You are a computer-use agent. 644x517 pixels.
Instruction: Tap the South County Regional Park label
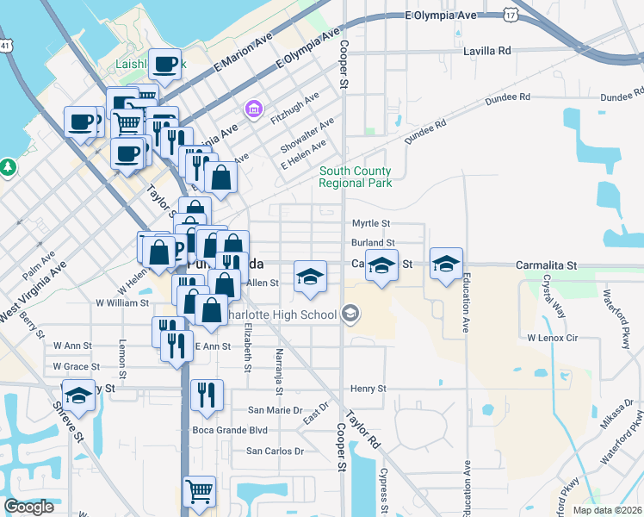click(x=355, y=177)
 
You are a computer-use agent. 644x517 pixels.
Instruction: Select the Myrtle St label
click(x=371, y=224)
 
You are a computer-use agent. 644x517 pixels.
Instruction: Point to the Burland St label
click(x=372, y=244)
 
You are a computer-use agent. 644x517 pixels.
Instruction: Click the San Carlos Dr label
click(x=276, y=451)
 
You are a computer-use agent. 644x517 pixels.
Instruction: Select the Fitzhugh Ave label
click(x=296, y=105)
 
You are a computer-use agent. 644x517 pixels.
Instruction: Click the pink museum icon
click(x=253, y=109)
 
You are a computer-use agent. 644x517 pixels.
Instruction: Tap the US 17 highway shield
click(x=511, y=15)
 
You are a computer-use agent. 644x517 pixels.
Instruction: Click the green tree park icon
click(x=8, y=165)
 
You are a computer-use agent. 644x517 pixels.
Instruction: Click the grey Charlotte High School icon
click(x=350, y=314)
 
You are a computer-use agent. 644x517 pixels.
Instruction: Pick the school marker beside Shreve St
click(x=79, y=396)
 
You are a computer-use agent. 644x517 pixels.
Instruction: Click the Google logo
click(x=28, y=507)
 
